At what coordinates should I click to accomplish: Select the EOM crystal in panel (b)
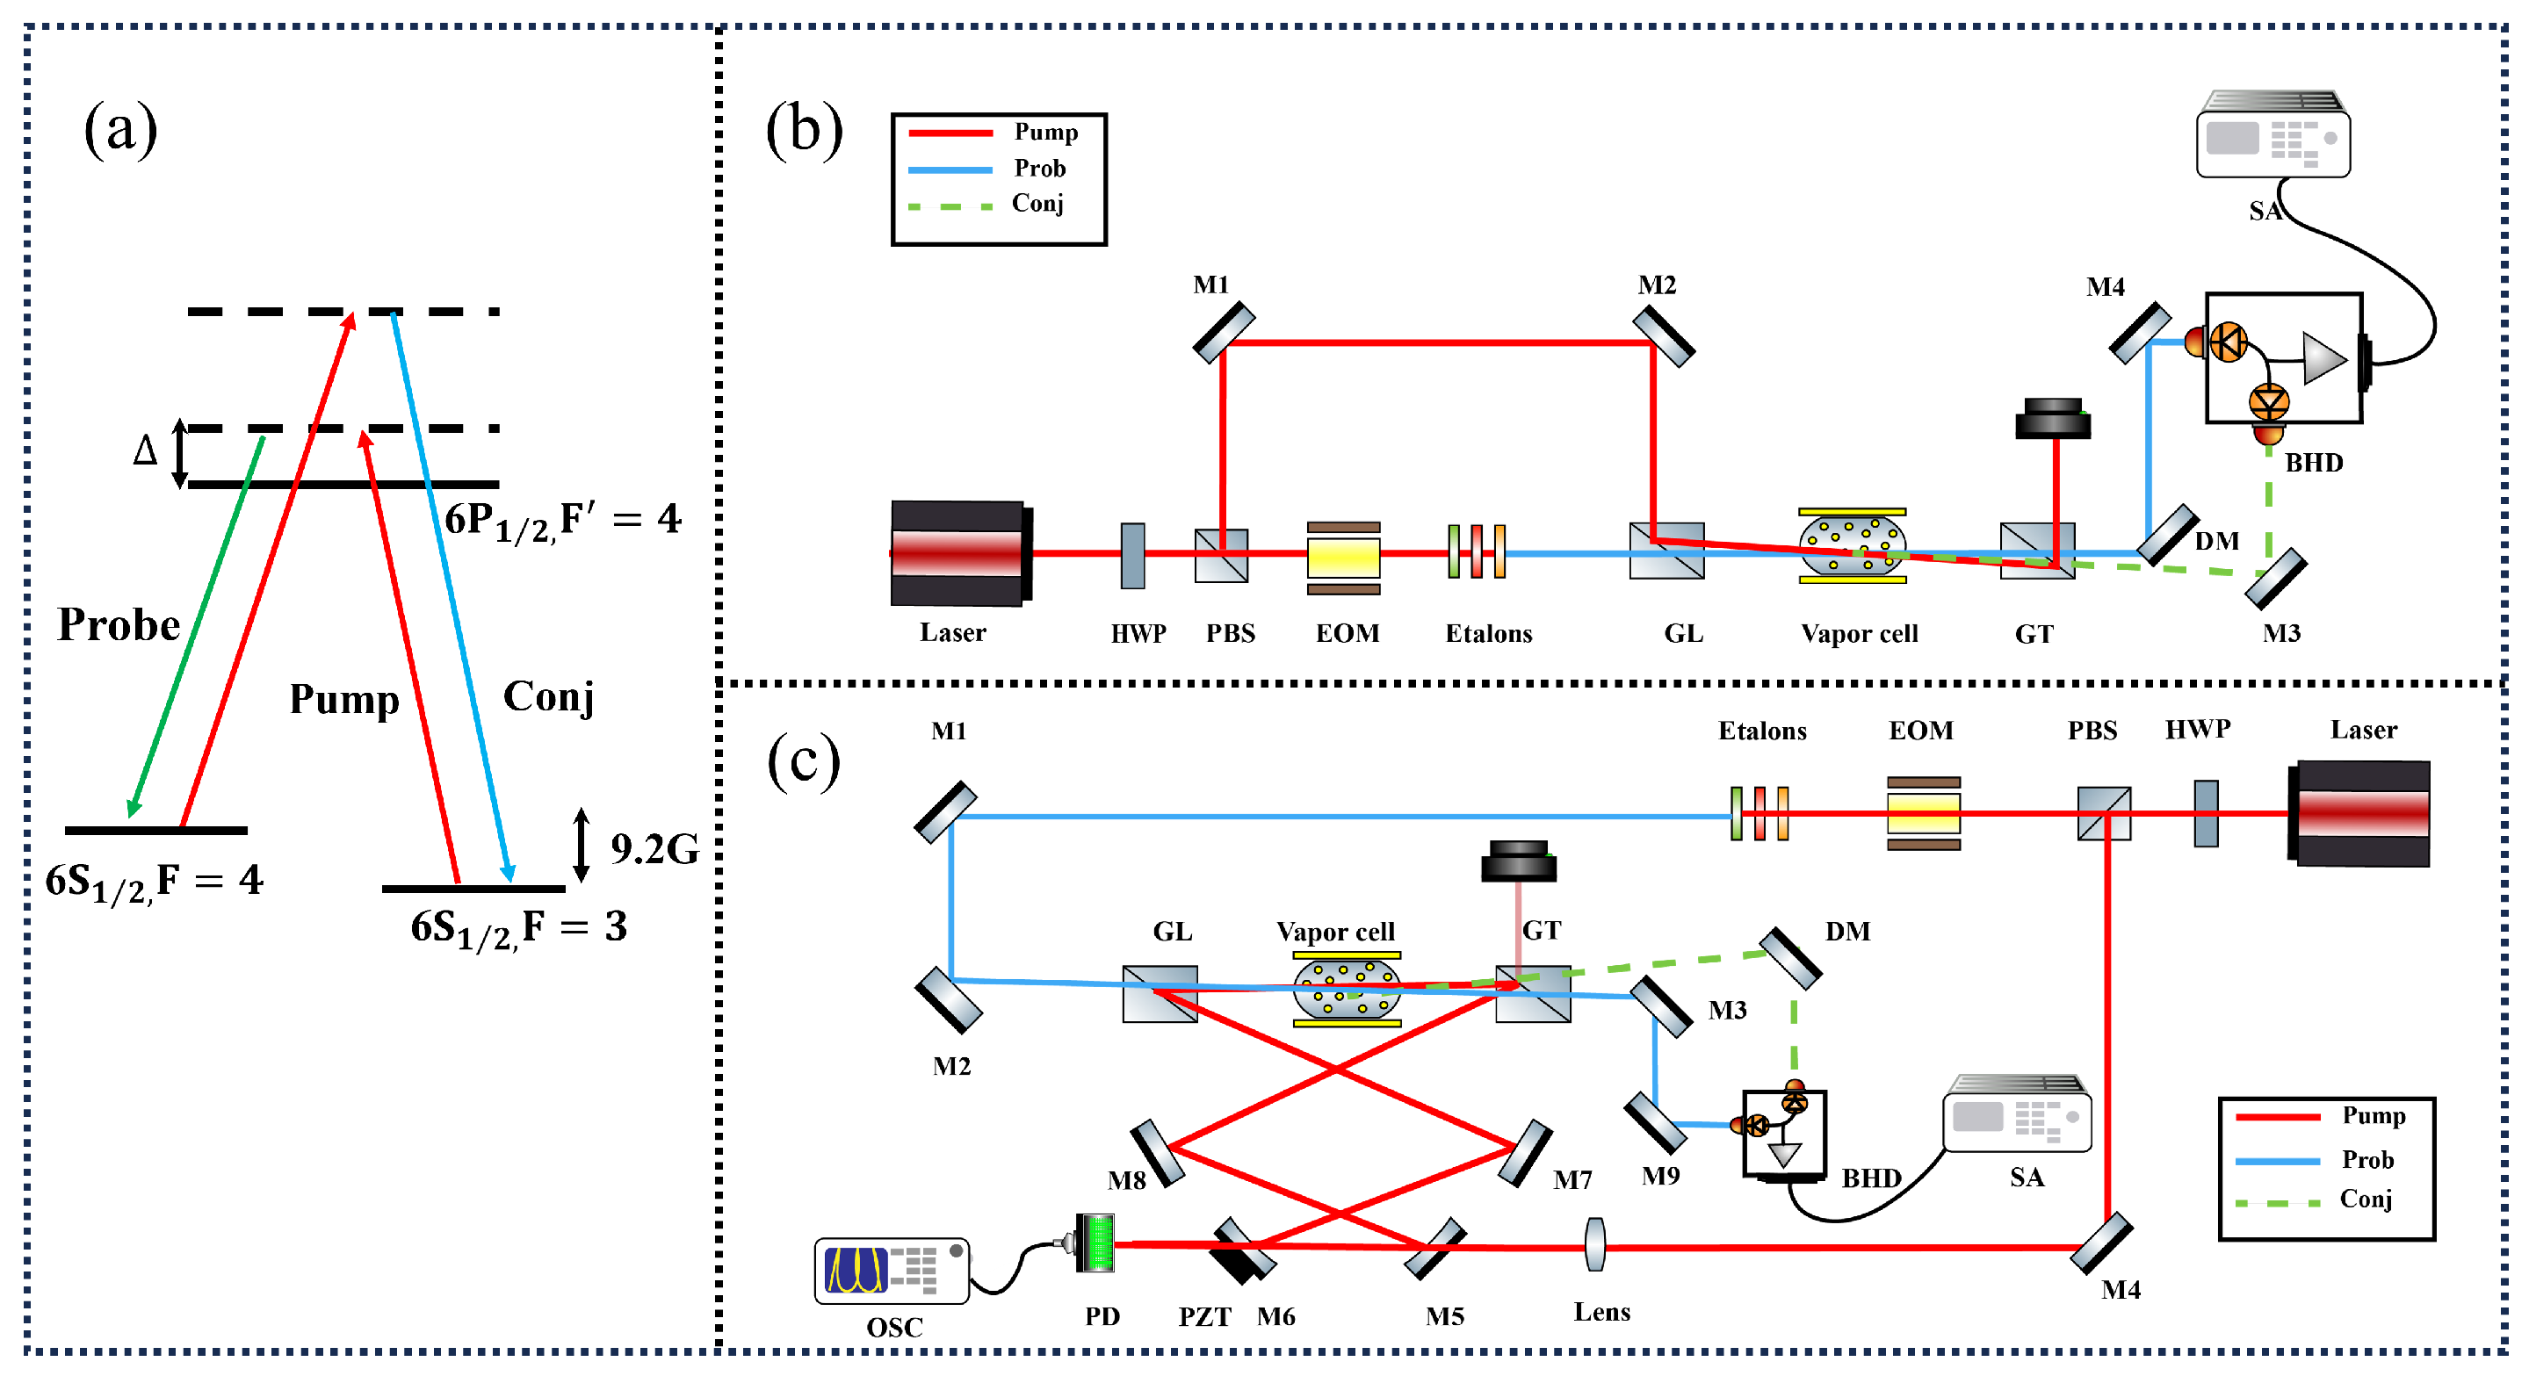coord(1343,558)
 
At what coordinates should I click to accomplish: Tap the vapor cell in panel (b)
coord(1852,545)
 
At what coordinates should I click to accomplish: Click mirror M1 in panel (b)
coord(1224,332)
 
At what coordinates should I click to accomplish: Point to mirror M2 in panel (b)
coord(1663,336)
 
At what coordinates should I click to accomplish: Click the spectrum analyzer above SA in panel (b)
coord(2272,135)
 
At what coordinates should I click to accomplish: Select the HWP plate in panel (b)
coord(1132,556)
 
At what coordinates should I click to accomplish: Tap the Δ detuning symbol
coord(145,450)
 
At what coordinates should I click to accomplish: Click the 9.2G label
coord(654,849)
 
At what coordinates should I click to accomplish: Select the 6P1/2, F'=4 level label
coord(562,519)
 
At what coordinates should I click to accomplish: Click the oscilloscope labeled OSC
coord(891,1270)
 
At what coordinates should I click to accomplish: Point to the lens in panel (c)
coord(1594,1244)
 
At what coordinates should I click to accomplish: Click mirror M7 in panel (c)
coord(1525,1152)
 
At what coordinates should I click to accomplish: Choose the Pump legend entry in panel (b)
coord(994,132)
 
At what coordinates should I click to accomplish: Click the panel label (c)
coord(803,760)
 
